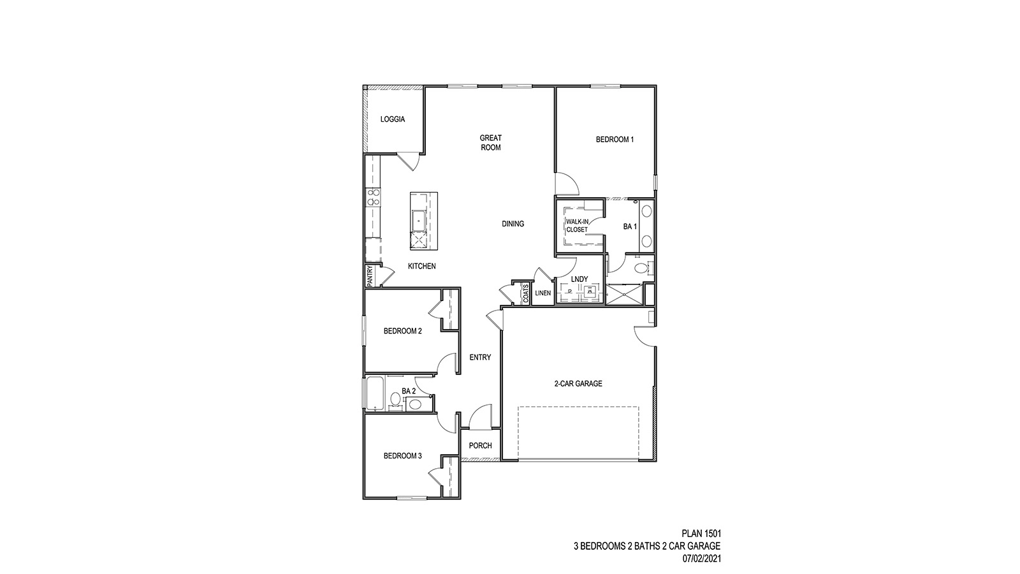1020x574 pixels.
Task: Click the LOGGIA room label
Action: coord(393,119)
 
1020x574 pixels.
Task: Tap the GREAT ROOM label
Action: coord(490,142)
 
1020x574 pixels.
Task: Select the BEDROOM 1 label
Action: coord(615,140)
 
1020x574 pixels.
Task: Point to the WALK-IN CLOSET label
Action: coord(578,225)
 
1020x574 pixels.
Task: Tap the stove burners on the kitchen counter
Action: coord(373,197)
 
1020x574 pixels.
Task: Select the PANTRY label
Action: coord(369,276)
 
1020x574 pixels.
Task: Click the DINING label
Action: coord(513,224)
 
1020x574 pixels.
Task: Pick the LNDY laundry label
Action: coord(579,279)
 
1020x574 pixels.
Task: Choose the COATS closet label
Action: coord(526,294)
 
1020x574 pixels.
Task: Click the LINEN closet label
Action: coord(543,293)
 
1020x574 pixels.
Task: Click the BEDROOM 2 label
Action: coord(402,331)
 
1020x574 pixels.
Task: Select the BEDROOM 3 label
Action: coord(402,456)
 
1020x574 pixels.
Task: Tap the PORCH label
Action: coord(480,446)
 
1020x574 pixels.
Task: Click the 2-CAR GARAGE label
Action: coord(578,384)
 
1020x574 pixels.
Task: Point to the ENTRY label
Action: coord(480,358)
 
